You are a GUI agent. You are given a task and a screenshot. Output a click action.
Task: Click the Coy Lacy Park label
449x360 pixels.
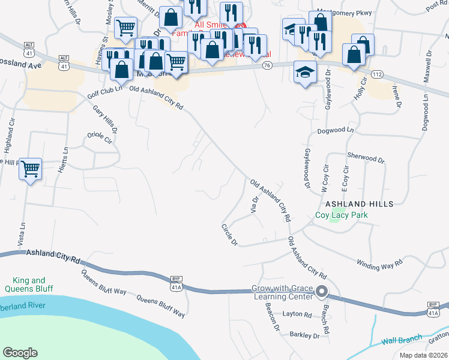[341, 215]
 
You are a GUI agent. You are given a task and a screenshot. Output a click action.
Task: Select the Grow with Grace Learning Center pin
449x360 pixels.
[321, 293]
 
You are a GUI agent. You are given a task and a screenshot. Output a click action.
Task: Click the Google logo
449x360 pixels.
[20, 353]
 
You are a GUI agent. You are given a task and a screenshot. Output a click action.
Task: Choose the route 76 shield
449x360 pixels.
[267, 65]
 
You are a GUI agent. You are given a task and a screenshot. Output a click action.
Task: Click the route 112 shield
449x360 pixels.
[376, 74]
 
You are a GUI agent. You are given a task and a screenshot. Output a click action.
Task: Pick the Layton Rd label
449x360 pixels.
[298, 314]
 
